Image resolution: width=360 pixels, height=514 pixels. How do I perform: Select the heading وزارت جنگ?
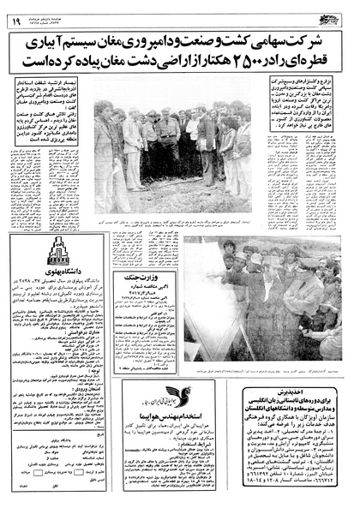[146, 252]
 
